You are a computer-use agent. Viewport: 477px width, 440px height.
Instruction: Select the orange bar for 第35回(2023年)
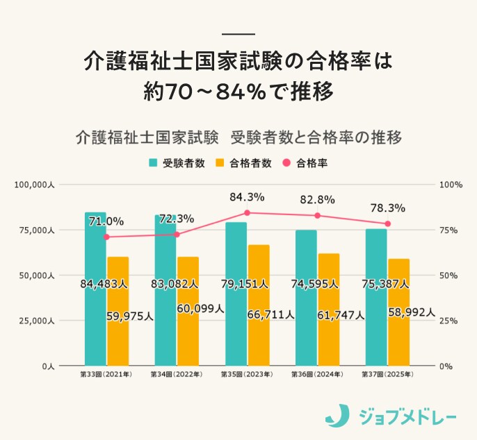259,305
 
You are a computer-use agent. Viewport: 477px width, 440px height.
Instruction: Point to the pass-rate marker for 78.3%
388,223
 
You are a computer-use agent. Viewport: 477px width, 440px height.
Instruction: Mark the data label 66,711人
270,315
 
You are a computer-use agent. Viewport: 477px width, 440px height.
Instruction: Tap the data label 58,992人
412,313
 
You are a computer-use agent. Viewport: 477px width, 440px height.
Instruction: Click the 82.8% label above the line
317,199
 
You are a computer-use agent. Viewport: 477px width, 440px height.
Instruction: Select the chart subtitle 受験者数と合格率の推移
316,136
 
